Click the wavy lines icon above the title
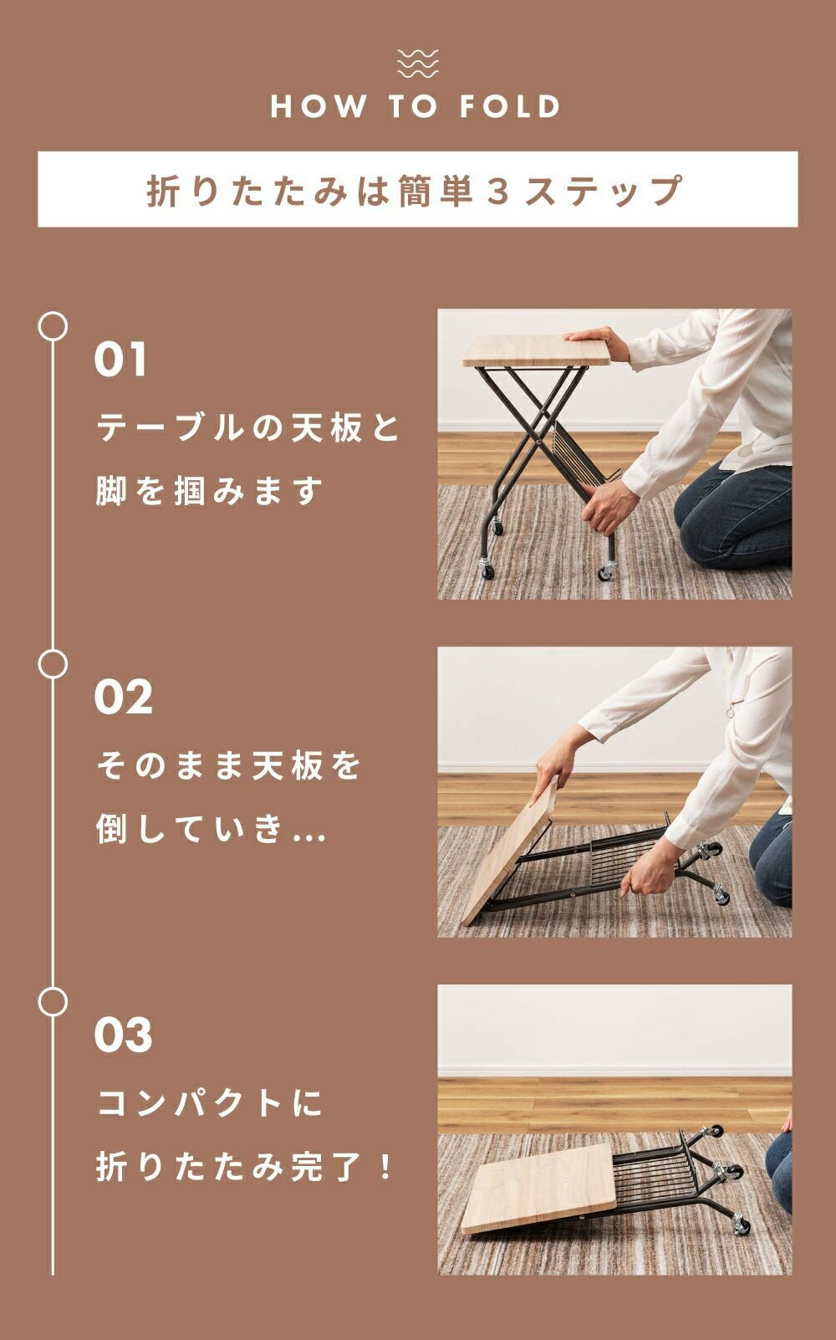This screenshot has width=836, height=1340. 417,64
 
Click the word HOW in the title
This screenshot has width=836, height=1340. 319,106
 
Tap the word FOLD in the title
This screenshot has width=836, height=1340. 509,106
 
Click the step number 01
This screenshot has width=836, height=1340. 120,359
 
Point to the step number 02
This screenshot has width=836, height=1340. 123,697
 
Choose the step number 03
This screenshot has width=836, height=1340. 123,1036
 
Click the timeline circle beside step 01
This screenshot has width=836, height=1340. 53,326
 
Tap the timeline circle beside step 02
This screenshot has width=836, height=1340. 53,664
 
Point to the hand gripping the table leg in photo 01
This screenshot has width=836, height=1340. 607,505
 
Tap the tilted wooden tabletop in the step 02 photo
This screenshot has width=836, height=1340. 512,852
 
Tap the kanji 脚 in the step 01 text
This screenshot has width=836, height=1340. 112,491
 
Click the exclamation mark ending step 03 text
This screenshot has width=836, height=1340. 385,1167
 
